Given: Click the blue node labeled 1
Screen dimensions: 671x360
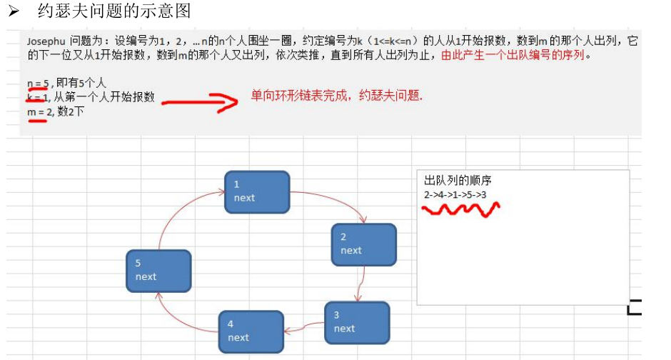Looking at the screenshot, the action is [x=257, y=191].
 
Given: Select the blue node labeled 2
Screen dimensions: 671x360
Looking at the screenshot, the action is [x=363, y=244].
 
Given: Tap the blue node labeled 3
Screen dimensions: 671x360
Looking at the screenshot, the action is [x=357, y=322].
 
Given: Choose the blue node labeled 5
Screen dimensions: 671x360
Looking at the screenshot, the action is [x=158, y=270].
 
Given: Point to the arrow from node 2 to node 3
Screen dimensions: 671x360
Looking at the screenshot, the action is [x=363, y=284].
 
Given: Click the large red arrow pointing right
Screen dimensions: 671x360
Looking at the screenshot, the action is [x=200, y=101].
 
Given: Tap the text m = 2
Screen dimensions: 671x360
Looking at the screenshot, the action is [x=38, y=111].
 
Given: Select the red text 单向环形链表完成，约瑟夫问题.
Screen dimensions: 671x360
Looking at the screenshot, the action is [x=336, y=96].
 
